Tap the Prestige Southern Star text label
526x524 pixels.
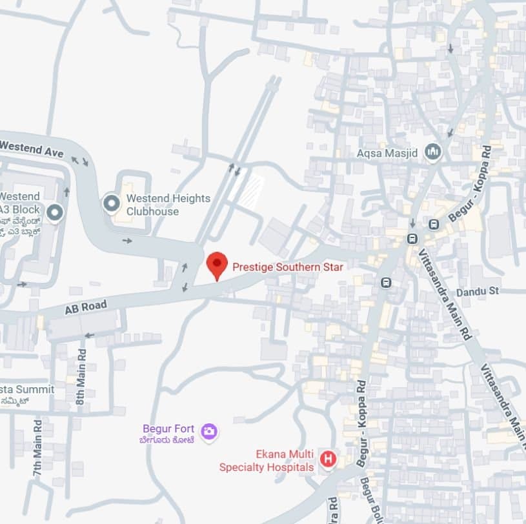287,267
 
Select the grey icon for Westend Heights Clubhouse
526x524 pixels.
112,203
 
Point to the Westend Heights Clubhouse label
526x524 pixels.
168,205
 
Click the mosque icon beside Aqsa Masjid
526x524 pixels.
432,153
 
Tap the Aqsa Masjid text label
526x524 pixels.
387,154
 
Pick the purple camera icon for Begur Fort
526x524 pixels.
208,431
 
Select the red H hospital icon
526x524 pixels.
329,459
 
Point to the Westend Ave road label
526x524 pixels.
32,148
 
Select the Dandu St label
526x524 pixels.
478,292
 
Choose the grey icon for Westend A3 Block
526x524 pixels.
56,212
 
